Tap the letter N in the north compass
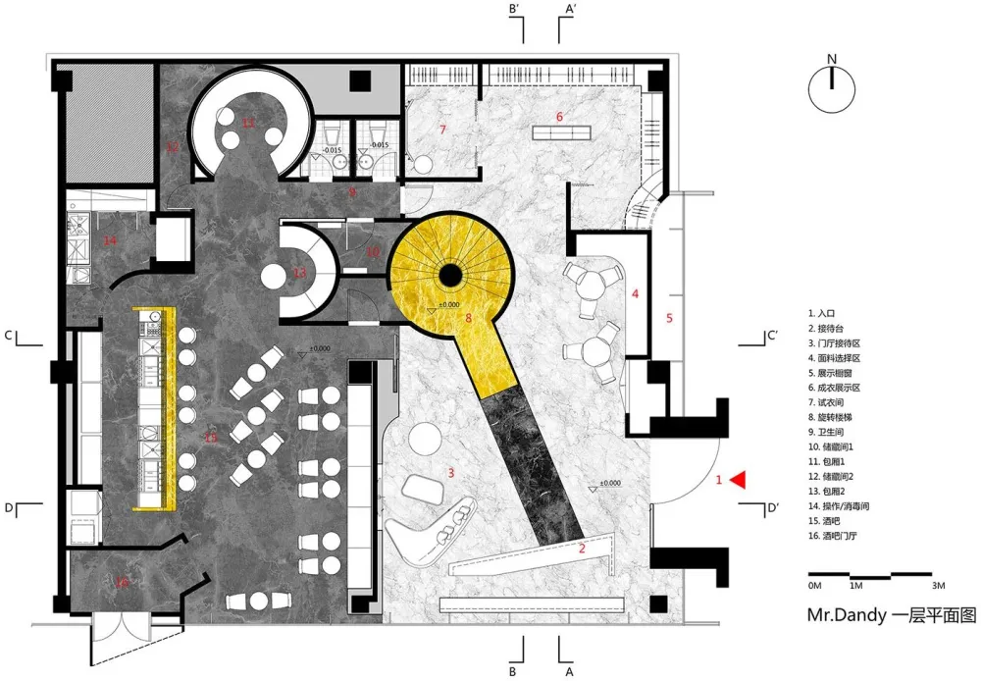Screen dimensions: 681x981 (831, 59)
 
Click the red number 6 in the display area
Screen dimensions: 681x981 (559, 117)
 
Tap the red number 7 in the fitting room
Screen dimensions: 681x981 (442, 130)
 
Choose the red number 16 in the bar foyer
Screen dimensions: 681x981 (122, 583)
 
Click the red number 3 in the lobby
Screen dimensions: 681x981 (450, 473)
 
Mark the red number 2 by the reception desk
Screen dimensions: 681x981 (582, 549)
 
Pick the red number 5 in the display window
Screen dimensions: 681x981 (669, 318)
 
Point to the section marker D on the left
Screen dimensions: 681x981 (7, 507)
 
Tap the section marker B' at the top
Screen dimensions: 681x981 (513, 9)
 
